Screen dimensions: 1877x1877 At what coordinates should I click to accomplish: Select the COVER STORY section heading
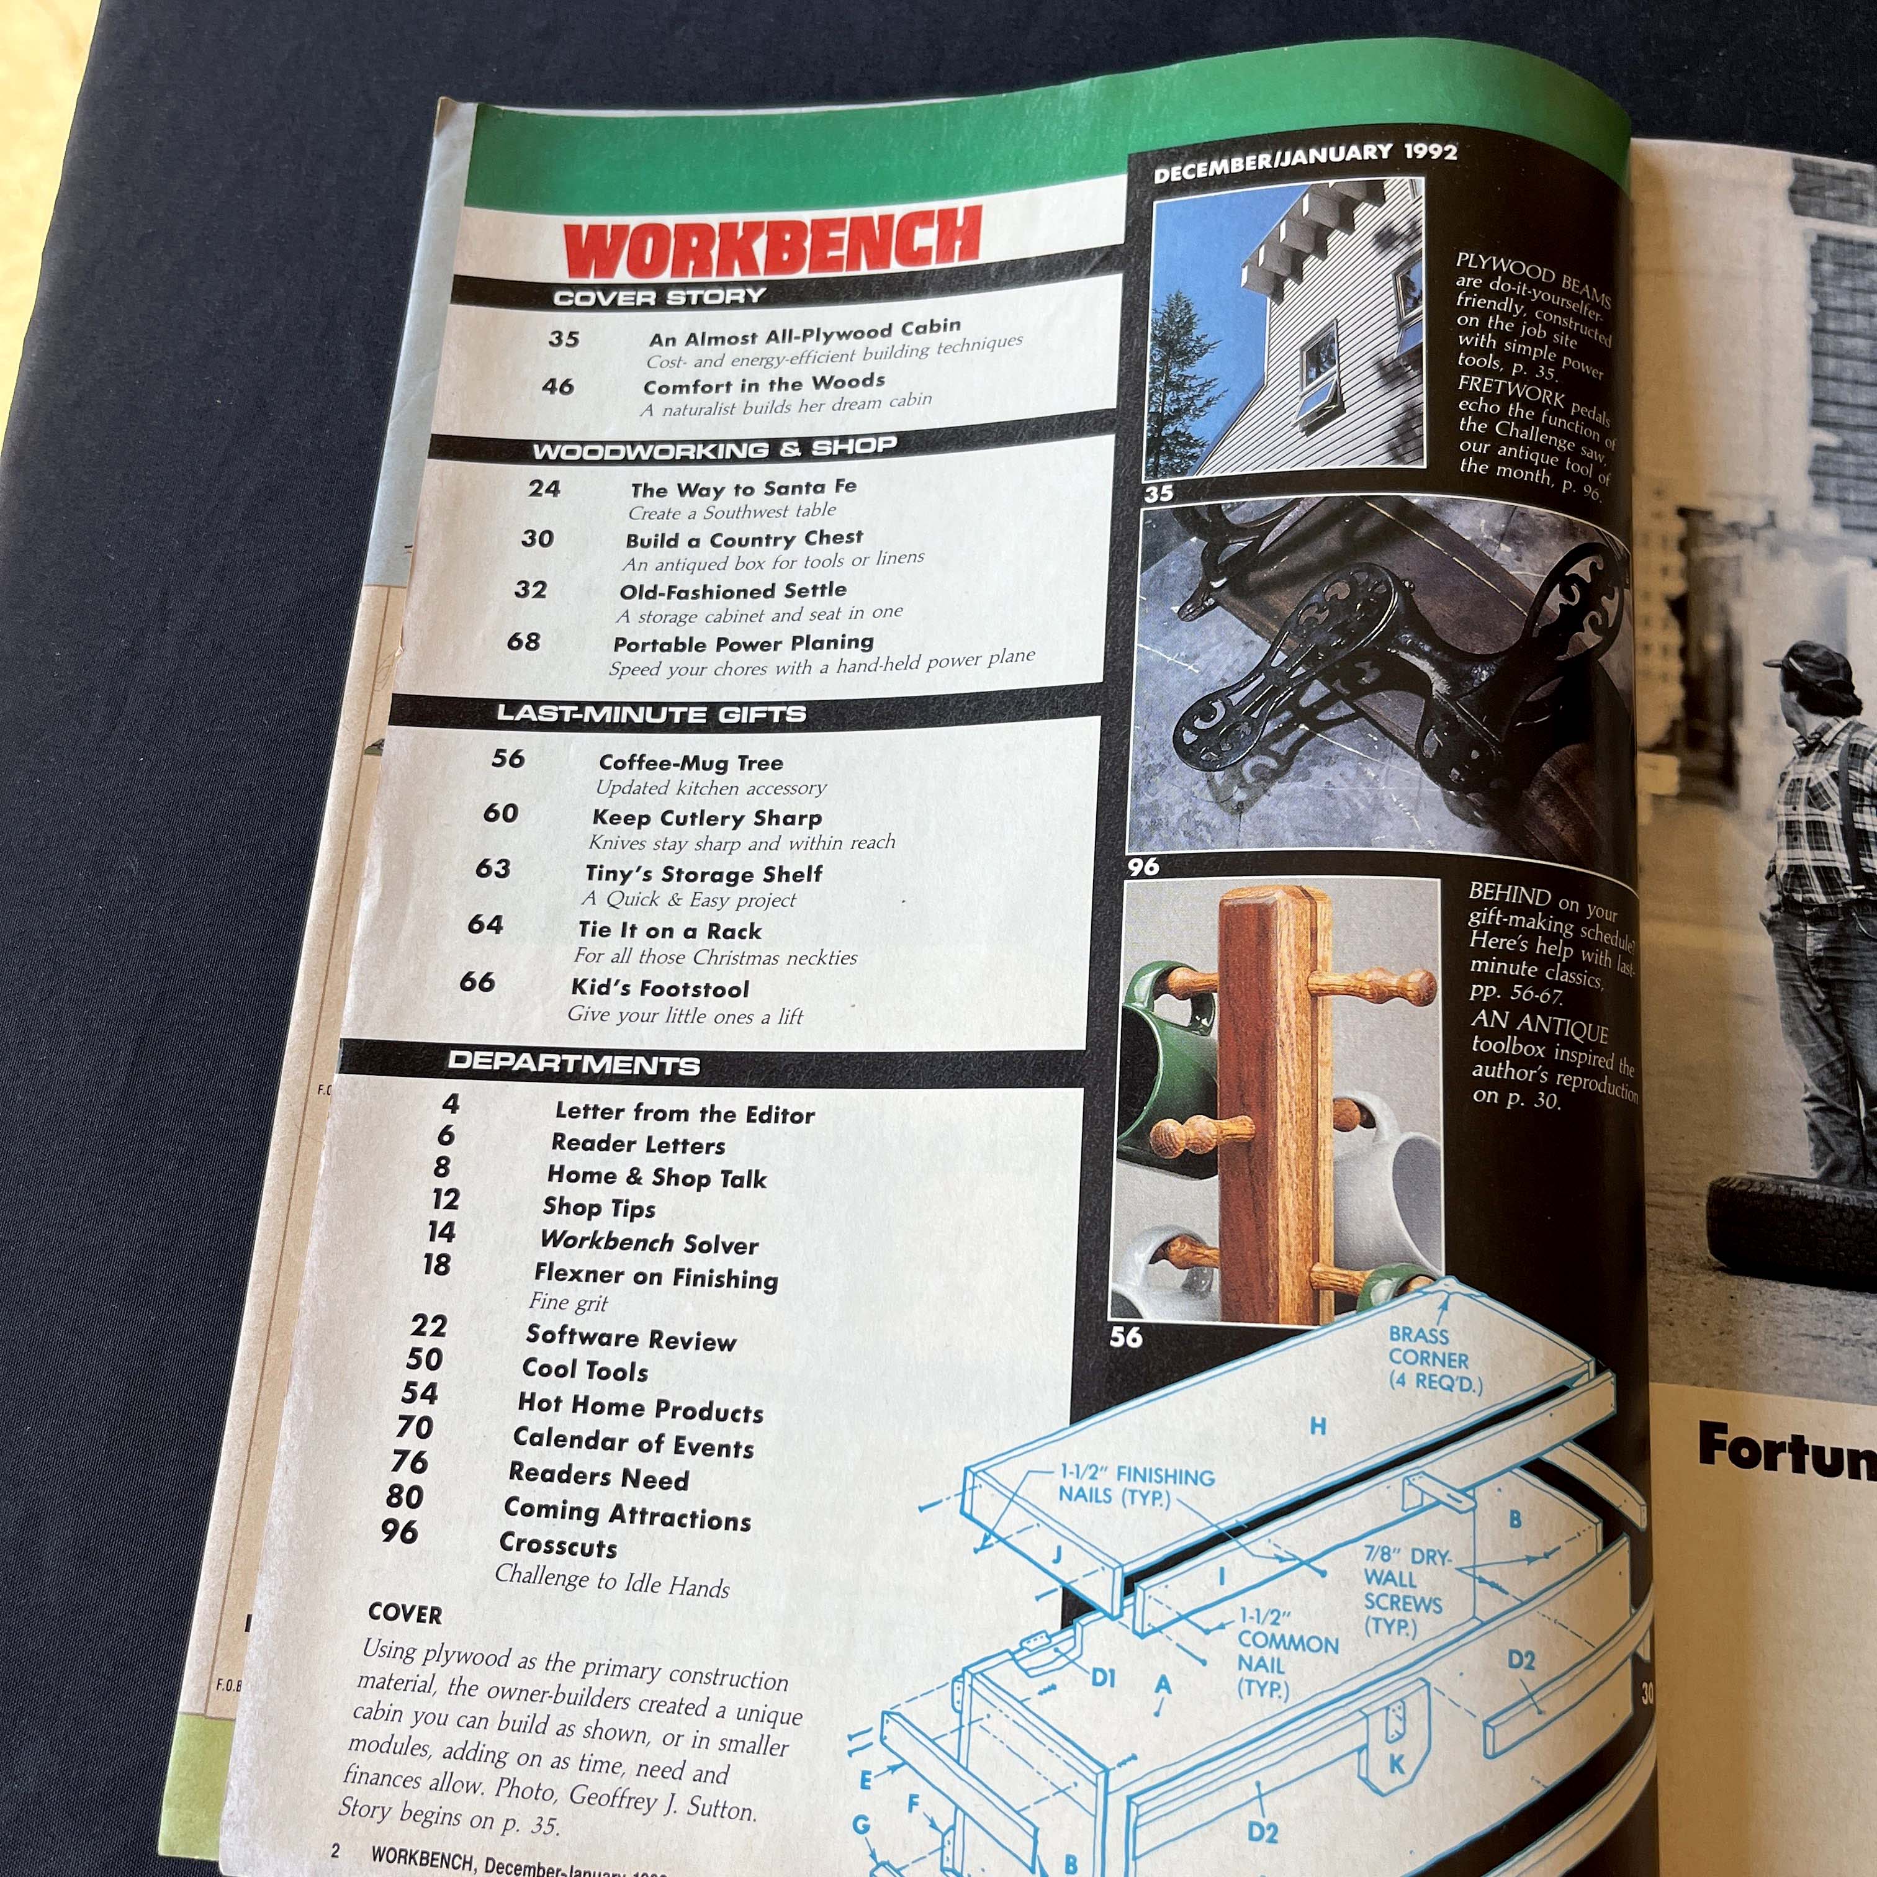660,296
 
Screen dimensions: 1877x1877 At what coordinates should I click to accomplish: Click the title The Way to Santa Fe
743,488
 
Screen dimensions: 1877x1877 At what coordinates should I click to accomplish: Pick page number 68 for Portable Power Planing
524,641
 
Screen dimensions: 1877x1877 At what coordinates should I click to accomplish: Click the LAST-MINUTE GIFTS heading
651,714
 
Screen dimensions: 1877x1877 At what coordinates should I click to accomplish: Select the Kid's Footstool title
660,989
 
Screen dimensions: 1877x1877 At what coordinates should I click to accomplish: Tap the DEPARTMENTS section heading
573,1063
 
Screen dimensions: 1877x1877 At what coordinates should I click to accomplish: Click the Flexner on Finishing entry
656,1277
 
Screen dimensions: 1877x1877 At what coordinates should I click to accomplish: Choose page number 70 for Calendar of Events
415,1427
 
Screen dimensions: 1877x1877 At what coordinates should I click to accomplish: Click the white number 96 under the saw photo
1143,866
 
